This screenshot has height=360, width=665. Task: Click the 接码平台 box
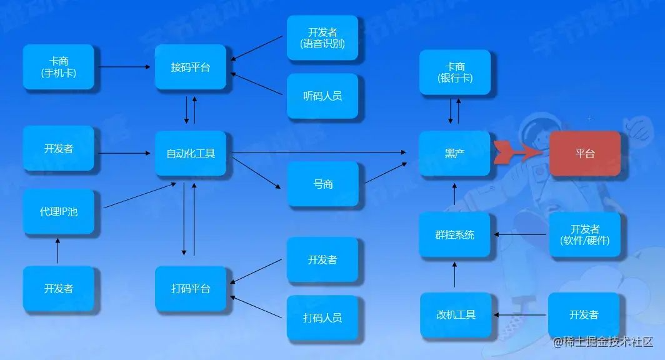[191, 67]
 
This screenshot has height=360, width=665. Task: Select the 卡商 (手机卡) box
[59, 67]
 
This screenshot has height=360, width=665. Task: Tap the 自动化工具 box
[191, 153]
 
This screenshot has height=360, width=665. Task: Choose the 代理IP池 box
[59, 212]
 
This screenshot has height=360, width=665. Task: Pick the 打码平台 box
[191, 289]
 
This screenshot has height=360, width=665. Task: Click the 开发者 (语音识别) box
[322, 38]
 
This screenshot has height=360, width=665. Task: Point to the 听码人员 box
[322, 96]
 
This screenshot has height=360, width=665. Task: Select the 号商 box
[322, 184]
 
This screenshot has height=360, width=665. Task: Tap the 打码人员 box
[322, 318]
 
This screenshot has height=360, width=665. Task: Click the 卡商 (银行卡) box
[454, 72]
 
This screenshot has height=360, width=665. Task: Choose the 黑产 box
[454, 153]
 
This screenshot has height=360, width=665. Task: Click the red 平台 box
[585, 153]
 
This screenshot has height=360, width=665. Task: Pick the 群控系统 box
[454, 235]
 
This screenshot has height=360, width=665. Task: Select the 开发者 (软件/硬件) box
[585, 235]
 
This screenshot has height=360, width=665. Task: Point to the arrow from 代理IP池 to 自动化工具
[139, 196]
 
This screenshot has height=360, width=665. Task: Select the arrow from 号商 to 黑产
[385, 173]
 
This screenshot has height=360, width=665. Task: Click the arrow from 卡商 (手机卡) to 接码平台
[125, 66]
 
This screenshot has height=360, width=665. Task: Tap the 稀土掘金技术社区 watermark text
[604, 342]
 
